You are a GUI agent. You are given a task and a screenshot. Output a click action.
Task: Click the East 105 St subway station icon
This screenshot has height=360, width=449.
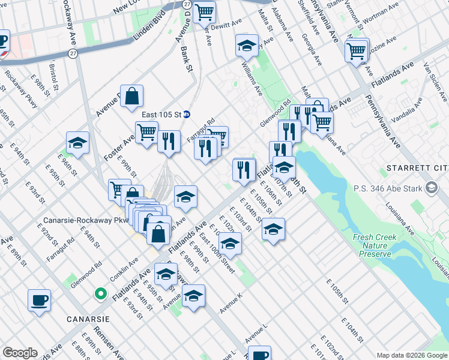click(x=187, y=114)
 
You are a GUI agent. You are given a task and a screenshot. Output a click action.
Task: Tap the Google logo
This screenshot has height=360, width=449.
click(x=20, y=353)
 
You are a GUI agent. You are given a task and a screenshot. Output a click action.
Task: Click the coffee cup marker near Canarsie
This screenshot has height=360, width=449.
click(x=39, y=300)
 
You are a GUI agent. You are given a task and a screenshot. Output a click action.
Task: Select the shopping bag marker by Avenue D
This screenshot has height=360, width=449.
click(x=132, y=96)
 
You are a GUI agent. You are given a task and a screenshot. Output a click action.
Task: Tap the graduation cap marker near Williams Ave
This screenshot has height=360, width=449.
click(x=246, y=46)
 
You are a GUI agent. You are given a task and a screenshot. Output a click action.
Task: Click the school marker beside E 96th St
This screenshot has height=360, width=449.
click(x=77, y=143)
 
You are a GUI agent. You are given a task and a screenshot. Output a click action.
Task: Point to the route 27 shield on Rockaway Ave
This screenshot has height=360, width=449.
click(x=73, y=54)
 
